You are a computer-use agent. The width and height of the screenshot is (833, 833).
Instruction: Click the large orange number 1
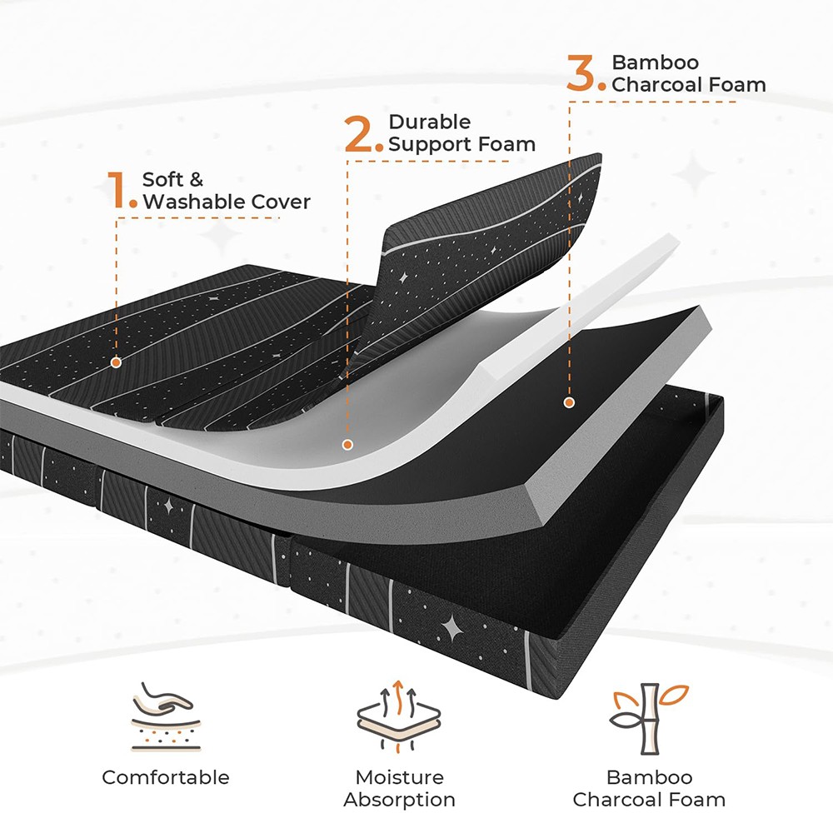point(118,189)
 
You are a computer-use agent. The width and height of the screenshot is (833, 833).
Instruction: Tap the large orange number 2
point(359,134)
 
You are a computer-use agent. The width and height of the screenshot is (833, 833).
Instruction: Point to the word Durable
point(429,122)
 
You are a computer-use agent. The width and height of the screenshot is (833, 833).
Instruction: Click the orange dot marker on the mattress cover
point(116,363)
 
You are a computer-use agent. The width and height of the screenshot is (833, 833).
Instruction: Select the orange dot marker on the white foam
point(347,445)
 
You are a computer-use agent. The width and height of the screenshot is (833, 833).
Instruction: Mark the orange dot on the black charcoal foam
point(569,402)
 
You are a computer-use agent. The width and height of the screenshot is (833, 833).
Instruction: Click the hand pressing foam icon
point(166,716)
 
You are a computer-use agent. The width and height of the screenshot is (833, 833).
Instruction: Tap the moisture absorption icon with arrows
point(398,716)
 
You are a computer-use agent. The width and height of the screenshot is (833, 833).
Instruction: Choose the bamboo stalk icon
point(649,718)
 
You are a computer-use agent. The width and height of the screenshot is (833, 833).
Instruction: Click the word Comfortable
point(166,777)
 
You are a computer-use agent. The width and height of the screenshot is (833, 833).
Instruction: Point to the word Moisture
point(400,777)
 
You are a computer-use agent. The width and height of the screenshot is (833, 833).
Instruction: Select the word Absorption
point(400,800)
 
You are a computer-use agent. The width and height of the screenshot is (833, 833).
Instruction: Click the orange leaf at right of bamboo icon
point(674,695)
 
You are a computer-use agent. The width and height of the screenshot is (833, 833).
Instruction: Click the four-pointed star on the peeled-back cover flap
point(403,277)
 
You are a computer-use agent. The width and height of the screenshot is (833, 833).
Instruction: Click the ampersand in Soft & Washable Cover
point(196,180)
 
